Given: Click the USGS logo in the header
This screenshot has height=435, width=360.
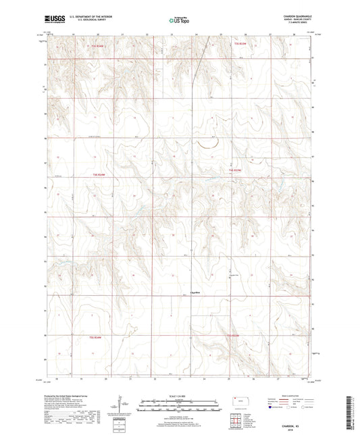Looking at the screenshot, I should tap(53, 20).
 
